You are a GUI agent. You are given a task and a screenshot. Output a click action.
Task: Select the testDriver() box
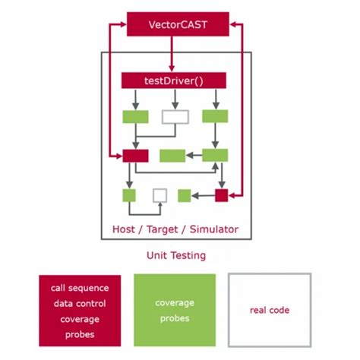coord(174,79)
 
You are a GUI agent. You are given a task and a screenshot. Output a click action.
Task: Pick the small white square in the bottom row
coord(159,195)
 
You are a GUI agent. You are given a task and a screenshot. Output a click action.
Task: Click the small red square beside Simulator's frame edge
coord(221,195)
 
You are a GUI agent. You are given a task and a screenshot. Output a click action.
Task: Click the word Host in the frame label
coord(125,229)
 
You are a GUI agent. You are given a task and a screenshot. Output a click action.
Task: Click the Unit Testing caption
coord(175,256)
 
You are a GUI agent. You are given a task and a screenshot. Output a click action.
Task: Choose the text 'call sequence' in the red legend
coord(80,288)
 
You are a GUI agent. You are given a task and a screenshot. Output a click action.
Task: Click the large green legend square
coord(175,310)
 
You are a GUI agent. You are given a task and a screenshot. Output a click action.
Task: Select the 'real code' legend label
coord(270,310)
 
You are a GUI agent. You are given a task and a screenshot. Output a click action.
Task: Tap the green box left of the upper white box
coord(135,117)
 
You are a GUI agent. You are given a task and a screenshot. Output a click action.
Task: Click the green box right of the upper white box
coord(215,117)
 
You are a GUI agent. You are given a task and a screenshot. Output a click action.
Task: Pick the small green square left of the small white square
coord(129,195)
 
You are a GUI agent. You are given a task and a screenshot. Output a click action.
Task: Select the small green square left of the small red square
coord(184,195)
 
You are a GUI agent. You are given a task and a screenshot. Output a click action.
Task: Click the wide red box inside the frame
coord(135,155)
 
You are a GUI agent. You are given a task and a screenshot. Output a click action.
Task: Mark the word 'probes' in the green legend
coord(175,318)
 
